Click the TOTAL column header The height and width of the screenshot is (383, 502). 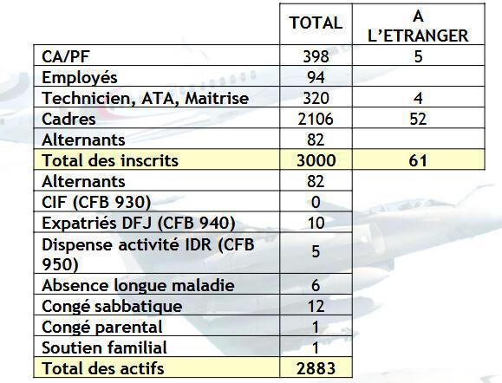(x=316, y=23)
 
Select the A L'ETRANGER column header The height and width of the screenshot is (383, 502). (x=419, y=26)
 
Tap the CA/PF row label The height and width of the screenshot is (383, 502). (x=66, y=56)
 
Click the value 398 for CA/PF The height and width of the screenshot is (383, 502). (x=316, y=56)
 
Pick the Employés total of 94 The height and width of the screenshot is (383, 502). (x=316, y=77)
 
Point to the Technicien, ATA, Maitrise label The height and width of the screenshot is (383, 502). (x=145, y=98)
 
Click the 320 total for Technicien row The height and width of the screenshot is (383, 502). (x=316, y=98)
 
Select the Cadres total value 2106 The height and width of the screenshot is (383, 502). (x=316, y=119)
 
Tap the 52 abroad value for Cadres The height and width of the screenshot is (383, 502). (x=419, y=119)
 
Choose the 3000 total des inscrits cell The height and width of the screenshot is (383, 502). (x=316, y=160)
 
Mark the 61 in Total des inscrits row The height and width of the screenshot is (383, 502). (x=419, y=160)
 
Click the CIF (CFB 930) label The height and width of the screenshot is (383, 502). (x=97, y=202)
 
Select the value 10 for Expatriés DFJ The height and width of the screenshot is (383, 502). (x=316, y=223)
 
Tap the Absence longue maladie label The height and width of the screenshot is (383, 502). (x=138, y=285)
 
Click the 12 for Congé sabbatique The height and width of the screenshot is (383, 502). (x=316, y=306)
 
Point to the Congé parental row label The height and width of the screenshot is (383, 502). (x=102, y=327)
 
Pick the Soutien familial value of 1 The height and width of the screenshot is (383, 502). (x=316, y=347)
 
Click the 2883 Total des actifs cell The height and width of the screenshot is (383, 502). (x=316, y=368)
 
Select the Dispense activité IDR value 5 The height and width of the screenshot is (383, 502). (x=316, y=253)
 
